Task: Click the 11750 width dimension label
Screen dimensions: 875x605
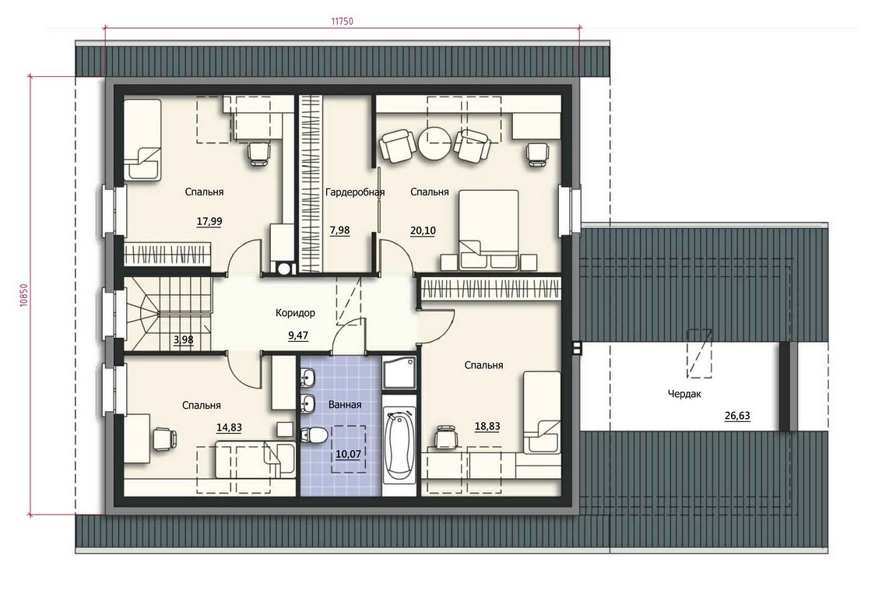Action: (x=342, y=22)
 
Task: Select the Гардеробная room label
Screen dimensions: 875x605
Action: (x=355, y=192)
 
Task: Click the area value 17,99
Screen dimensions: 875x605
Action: (x=209, y=222)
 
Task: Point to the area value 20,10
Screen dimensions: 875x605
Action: (x=423, y=230)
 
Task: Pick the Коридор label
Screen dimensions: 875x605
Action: (x=295, y=313)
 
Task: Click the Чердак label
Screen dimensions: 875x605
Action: (x=685, y=394)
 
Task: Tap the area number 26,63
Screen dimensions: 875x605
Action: (x=737, y=416)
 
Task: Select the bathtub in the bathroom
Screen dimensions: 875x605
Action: (x=399, y=444)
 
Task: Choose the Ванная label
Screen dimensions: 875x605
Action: (x=345, y=405)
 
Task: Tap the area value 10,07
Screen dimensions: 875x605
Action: (x=348, y=454)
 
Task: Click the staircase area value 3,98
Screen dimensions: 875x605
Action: (x=184, y=340)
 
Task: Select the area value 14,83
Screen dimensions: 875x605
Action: (x=229, y=428)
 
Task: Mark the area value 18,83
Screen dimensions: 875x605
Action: (x=487, y=427)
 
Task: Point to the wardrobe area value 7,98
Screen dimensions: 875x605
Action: (x=340, y=230)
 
